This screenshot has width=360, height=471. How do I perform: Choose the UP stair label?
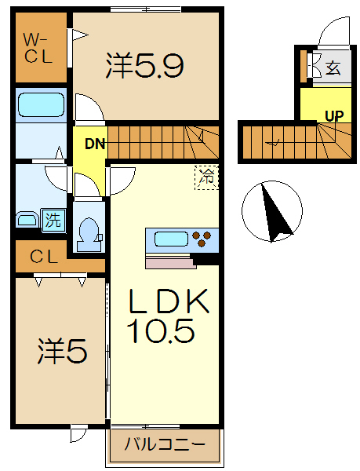pyautogui.click(x=334, y=116)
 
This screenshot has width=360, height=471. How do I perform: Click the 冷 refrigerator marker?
pyautogui.click(x=206, y=177)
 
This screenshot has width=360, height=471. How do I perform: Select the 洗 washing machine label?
pyautogui.click(x=52, y=220)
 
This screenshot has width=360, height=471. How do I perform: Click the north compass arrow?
pyautogui.click(x=275, y=212)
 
